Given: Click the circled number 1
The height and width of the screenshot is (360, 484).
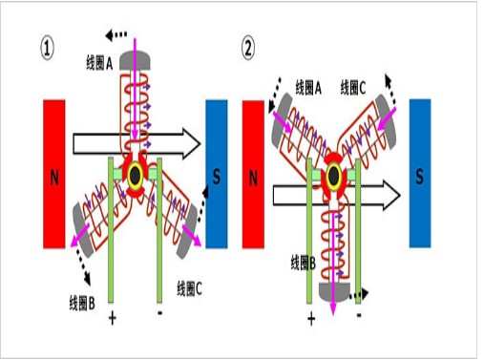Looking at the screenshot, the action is (x=47, y=49).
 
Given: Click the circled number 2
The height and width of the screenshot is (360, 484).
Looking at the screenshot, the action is (x=248, y=49).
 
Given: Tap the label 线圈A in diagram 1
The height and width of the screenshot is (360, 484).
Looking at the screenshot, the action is (x=99, y=62).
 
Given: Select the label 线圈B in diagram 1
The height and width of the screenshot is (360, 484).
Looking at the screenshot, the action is (x=82, y=303).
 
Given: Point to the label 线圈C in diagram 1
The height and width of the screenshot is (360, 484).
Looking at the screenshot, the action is (x=189, y=288).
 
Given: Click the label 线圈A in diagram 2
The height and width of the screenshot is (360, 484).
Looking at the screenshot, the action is (x=308, y=88).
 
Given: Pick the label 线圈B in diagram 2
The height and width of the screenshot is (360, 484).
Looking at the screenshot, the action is (x=304, y=264).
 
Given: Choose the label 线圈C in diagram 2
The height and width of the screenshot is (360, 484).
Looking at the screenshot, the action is (x=353, y=88).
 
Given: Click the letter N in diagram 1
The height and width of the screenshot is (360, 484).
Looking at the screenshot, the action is (x=54, y=178).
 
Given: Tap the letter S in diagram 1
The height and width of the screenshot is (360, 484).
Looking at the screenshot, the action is (x=217, y=177).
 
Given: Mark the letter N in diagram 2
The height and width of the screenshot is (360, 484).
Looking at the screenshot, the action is (x=253, y=179).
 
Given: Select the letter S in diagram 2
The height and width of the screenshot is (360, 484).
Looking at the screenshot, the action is (x=419, y=177).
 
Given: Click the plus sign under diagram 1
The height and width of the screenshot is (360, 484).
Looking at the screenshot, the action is (x=112, y=318).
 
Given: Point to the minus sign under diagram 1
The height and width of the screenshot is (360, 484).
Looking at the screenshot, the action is (x=160, y=313).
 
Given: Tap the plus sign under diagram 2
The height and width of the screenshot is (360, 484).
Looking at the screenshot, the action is (x=311, y=319).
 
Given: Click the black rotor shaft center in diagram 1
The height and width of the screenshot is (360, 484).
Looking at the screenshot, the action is (x=136, y=175).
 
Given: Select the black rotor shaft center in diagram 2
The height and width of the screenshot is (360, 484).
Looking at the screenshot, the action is (x=333, y=176).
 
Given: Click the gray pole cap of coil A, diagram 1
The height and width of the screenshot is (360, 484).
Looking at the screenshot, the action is (x=135, y=61).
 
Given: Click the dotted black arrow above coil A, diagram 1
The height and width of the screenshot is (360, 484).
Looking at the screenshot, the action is (x=116, y=34).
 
